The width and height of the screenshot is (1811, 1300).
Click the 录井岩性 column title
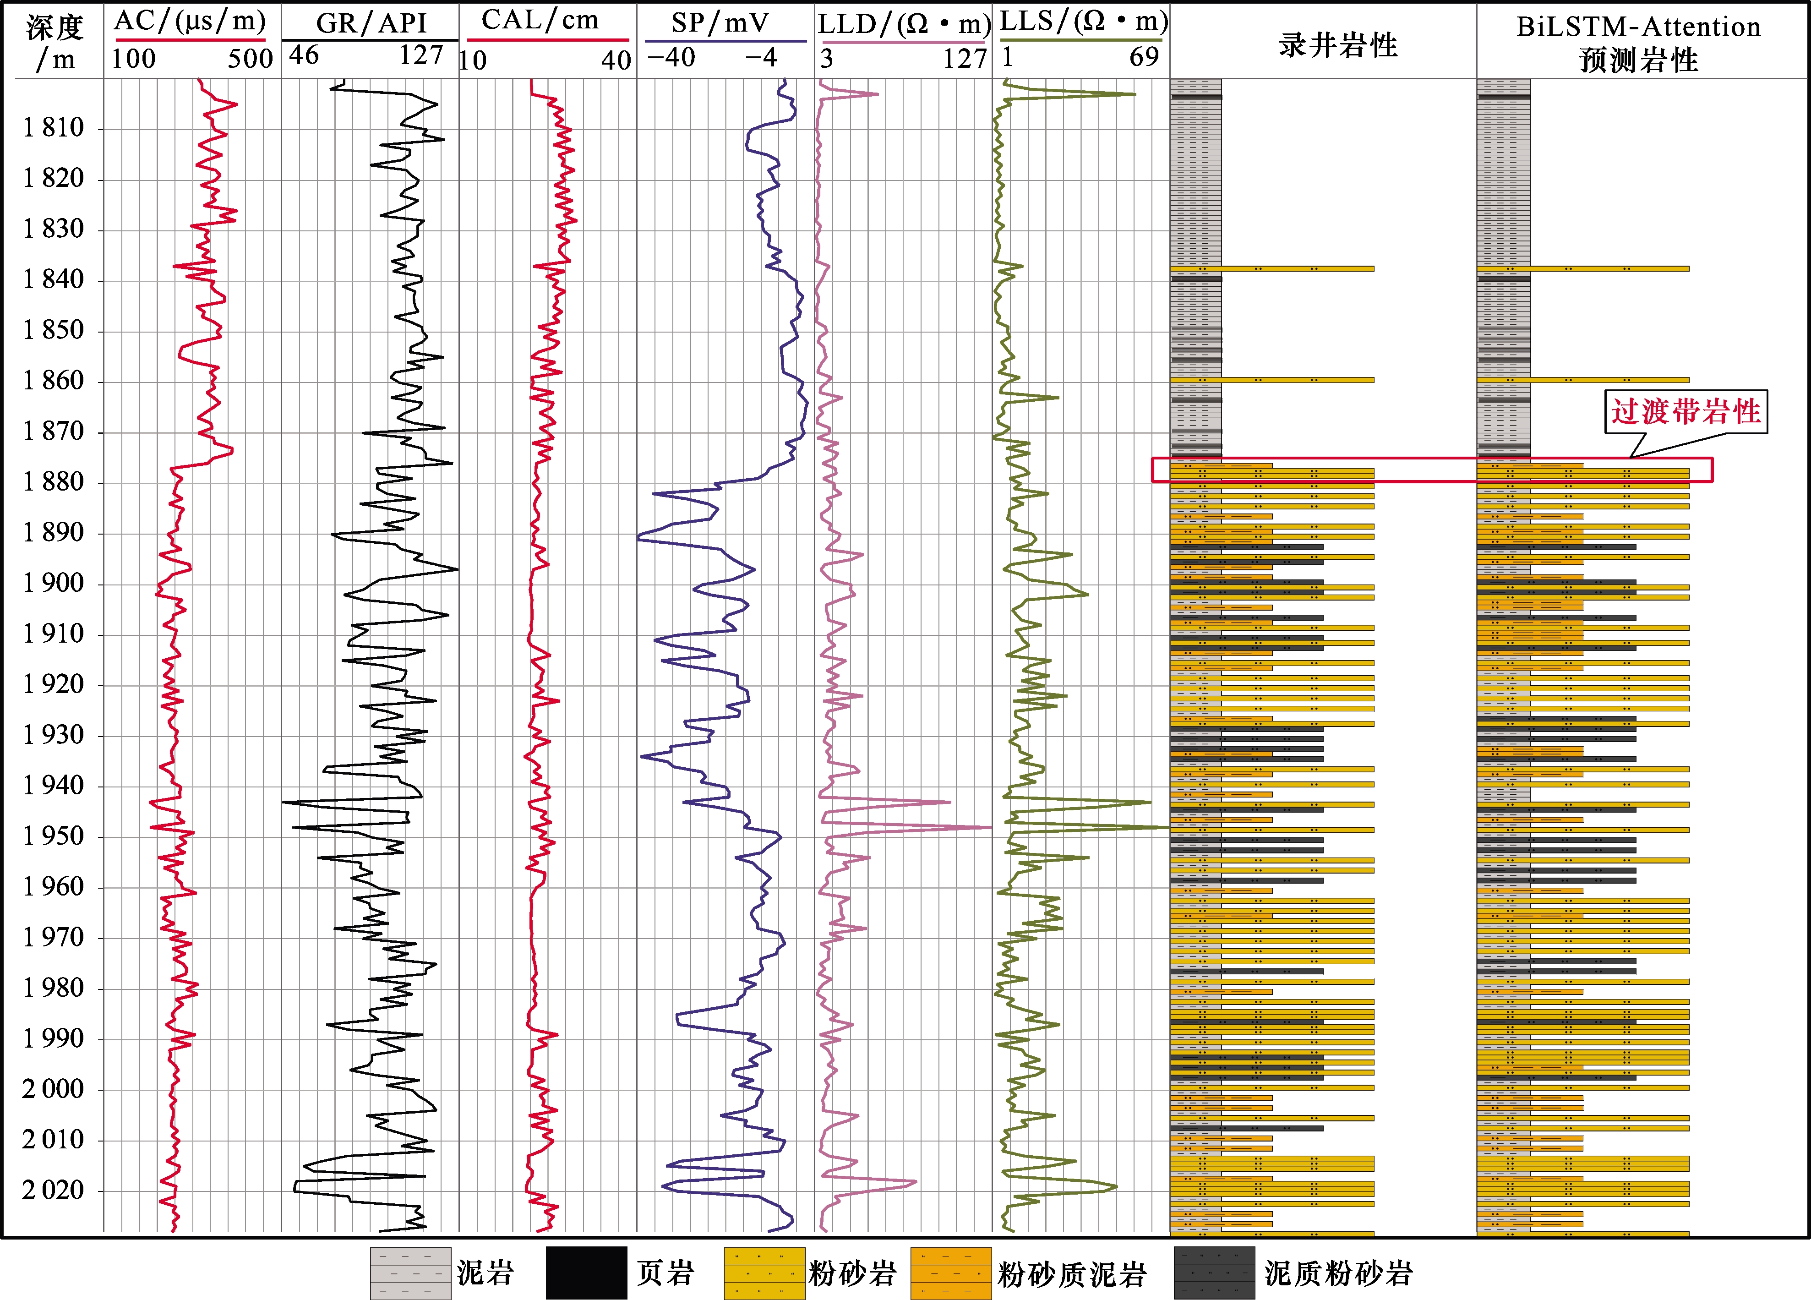click(x=1337, y=45)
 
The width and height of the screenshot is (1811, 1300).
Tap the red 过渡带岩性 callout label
click(x=1686, y=412)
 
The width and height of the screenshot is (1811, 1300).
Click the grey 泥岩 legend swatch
click(x=410, y=1273)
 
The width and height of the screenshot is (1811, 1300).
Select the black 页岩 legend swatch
click(x=586, y=1273)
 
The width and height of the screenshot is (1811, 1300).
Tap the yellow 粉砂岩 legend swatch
click(x=764, y=1273)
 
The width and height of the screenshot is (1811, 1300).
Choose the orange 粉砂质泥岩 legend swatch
click(x=950, y=1273)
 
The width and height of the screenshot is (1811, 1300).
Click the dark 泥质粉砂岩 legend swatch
click(x=1214, y=1273)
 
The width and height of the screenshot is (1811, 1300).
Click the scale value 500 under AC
click(x=250, y=58)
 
